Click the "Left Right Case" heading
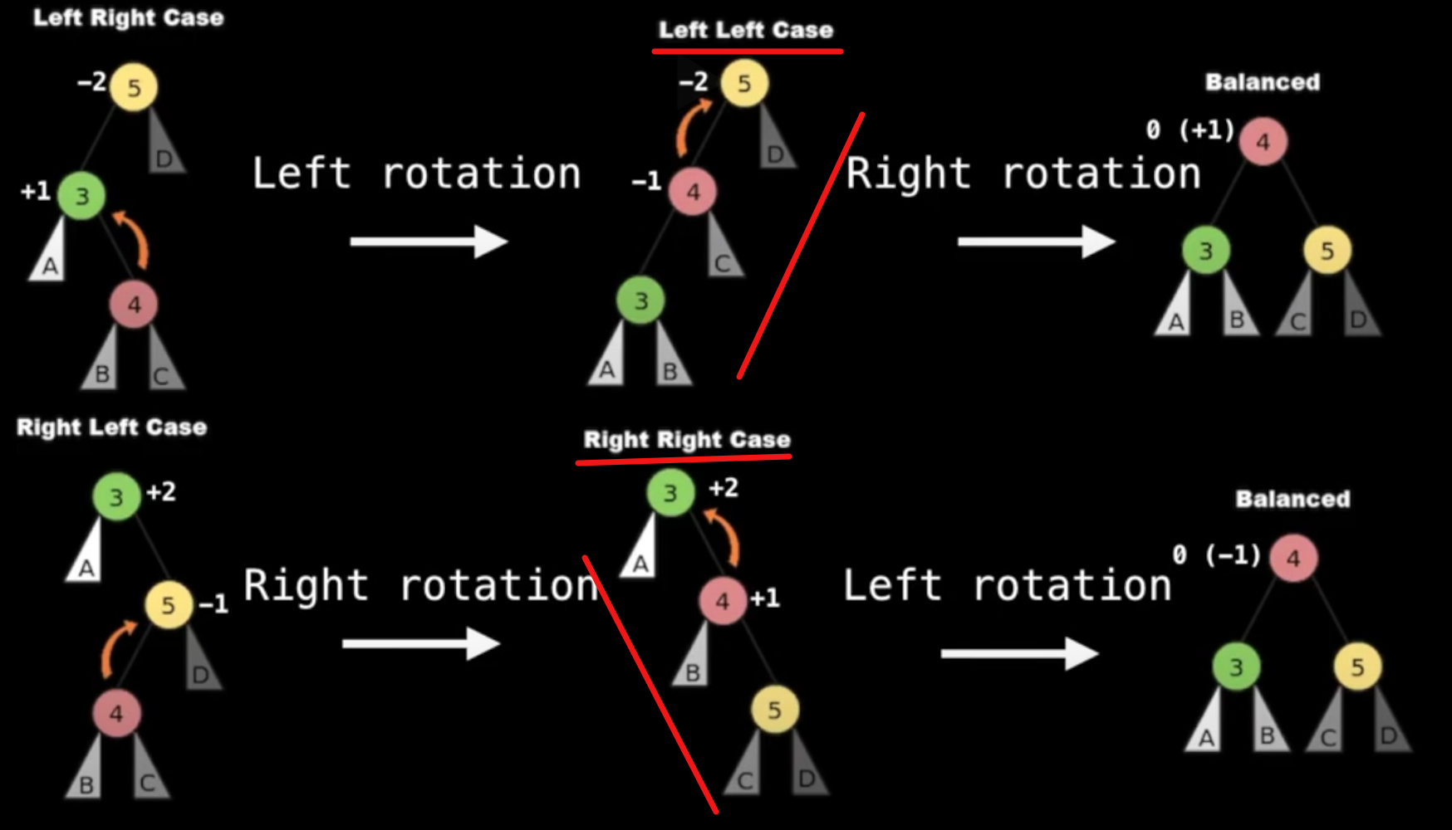point(129,18)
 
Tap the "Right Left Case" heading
point(112,427)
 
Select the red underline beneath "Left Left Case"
point(748,51)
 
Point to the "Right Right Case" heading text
point(687,439)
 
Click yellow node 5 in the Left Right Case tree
point(134,87)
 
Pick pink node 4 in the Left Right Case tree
point(134,305)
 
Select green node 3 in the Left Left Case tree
point(640,300)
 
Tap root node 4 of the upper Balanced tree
point(1263,142)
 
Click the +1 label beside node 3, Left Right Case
point(36,192)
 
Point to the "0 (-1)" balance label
point(1217,554)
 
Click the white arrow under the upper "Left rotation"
point(429,242)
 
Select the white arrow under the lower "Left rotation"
point(1019,654)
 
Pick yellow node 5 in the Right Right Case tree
point(774,710)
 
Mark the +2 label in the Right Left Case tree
point(161,491)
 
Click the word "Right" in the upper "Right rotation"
point(909,174)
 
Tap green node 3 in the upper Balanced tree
point(1205,250)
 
